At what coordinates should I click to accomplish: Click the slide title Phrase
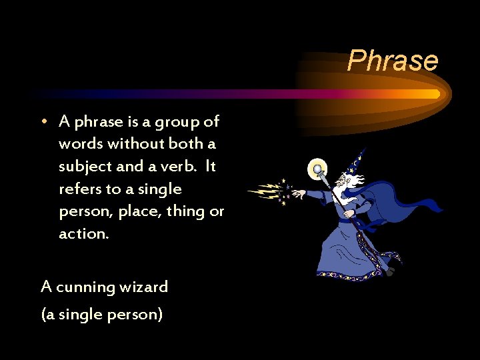coord(393,60)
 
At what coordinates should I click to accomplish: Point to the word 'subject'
coord(84,167)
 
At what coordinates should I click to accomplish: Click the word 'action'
coord(82,235)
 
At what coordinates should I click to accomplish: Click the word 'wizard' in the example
coord(144,288)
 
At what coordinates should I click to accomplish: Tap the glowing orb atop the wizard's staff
coord(318,169)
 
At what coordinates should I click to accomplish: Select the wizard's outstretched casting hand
coord(300,195)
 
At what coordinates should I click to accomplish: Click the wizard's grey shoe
coord(390,271)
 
